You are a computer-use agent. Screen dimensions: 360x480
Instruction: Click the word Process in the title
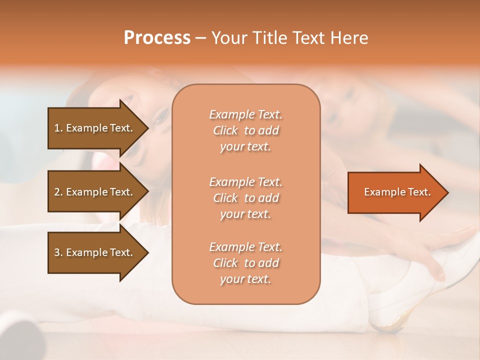[x=157, y=38]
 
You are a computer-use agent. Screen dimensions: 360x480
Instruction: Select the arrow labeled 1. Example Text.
[x=95, y=128]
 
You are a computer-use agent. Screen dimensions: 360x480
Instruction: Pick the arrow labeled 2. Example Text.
[x=95, y=192]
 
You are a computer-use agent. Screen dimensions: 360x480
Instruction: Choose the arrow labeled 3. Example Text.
[x=95, y=252]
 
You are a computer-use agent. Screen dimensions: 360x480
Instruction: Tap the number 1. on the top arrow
[x=58, y=128]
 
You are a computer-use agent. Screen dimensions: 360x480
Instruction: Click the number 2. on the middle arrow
[x=58, y=192]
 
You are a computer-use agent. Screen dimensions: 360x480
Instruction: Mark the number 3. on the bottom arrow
[x=58, y=252]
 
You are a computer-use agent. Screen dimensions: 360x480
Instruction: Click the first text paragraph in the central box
[x=245, y=130]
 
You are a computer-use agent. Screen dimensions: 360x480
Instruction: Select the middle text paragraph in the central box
[x=245, y=198]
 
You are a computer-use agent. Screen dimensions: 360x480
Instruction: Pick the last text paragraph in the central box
[x=245, y=263]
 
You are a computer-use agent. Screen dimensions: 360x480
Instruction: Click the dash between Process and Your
[x=201, y=38]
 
